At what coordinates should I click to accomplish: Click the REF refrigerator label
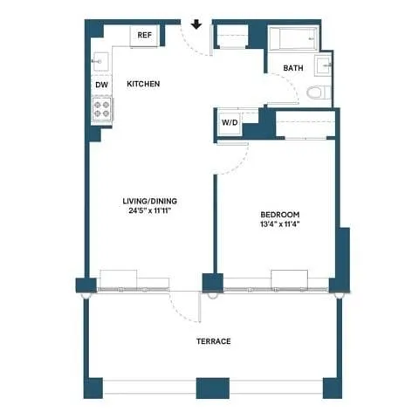coord(144,36)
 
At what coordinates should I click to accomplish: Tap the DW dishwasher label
coord(101,85)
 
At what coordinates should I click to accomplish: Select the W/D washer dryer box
coord(229,123)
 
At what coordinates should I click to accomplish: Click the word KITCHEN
coord(143,85)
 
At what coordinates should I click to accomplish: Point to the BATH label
coord(293,68)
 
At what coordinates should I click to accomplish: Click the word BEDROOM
coord(280,215)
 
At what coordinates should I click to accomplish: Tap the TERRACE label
coord(213,341)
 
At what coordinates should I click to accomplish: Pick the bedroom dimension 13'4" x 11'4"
coord(280,225)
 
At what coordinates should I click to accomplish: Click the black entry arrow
coord(196,24)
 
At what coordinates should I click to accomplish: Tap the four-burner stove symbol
coord(101,108)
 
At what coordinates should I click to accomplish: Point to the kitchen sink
coord(100,61)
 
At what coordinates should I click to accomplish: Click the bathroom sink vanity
coord(325,65)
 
